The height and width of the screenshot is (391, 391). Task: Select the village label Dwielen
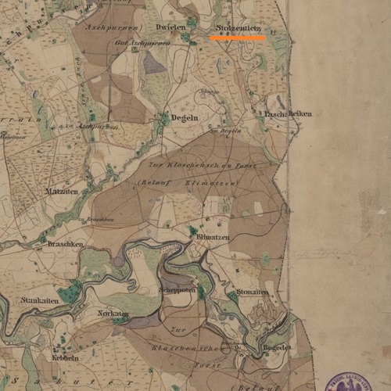tap(170, 27)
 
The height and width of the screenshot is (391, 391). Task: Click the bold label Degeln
tap(186, 117)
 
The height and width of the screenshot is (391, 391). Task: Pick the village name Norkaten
tap(113, 313)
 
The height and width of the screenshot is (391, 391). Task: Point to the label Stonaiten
tap(248, 292)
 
